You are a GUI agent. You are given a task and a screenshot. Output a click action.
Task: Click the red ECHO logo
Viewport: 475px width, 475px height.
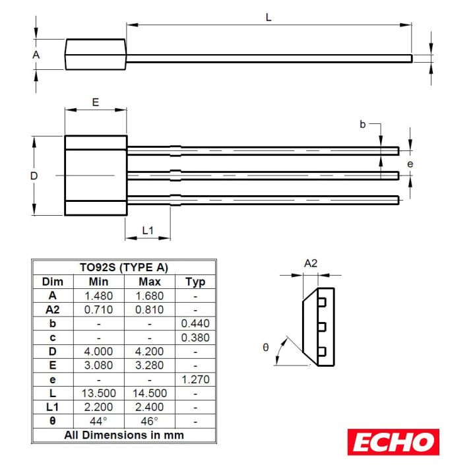tap(393, 442)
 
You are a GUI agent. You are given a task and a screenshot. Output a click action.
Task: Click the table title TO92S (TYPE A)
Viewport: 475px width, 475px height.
tap(124, 267)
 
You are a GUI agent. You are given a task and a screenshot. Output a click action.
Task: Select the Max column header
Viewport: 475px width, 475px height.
tap(150, 282)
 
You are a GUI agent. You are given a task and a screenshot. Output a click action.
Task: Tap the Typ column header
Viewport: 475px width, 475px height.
tap(195, 282)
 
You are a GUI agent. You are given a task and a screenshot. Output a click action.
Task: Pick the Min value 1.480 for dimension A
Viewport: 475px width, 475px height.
tap(99, 296)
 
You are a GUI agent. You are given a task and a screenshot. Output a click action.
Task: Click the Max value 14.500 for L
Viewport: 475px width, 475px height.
tap(150, 393)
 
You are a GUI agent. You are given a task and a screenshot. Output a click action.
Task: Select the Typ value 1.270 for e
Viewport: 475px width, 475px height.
tap(195, 379)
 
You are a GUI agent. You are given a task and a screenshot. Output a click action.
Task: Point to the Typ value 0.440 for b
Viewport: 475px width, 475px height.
tap(195, 324)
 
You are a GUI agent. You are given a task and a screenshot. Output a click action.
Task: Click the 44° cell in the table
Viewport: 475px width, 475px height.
tap(99, 421)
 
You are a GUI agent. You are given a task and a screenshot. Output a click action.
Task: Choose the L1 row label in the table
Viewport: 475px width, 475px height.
tap(53, 407)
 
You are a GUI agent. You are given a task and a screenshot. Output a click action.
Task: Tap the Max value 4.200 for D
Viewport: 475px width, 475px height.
tap(150, 352)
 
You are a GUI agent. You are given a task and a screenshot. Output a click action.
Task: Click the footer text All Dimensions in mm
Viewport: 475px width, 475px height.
tap(124, 435)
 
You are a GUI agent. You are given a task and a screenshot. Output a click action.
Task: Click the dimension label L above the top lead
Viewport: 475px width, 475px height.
tap(269, 18)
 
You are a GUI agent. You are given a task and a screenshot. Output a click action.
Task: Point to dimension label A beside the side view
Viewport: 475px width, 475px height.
tap(36, 55)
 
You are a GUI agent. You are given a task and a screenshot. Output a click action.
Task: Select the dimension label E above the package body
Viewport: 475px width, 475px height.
tap(95, 102)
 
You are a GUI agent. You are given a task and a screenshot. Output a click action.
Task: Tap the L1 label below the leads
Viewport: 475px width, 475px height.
tap(148, 230)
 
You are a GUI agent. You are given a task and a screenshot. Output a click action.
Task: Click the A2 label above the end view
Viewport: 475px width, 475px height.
tap(311, 263)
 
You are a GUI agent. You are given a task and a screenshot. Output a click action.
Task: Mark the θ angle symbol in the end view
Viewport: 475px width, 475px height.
tap(266, 346)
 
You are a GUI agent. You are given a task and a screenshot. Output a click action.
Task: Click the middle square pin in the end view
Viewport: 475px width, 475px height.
tap(323, 327)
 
